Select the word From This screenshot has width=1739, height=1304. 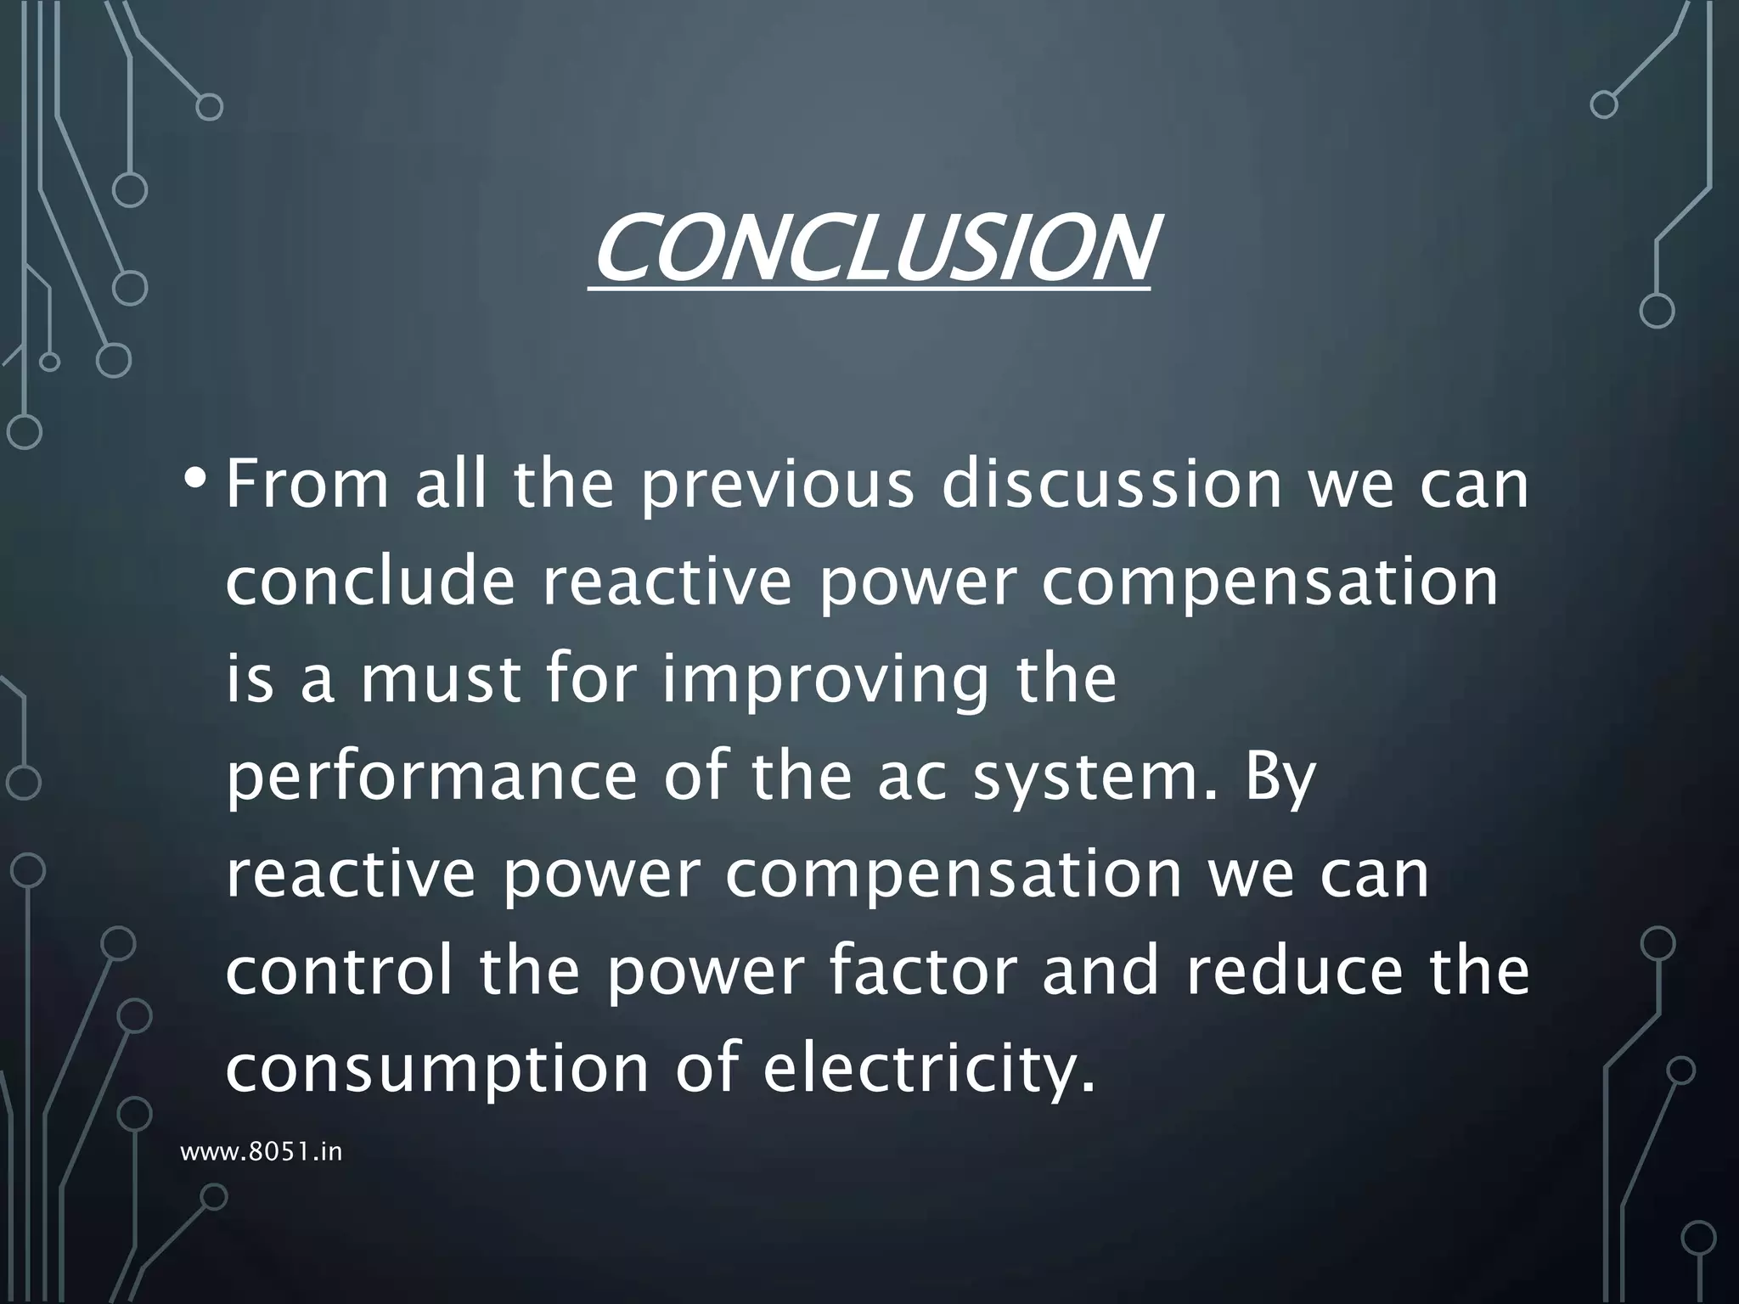pyautogui.click(x=307, y=484)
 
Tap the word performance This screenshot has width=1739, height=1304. pyautogui.click(x=431, y=778)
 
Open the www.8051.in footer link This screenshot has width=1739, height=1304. pyautogui.click(x=262, y=1152)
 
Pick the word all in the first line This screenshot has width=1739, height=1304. pyautogui.click(x=450, y=484)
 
